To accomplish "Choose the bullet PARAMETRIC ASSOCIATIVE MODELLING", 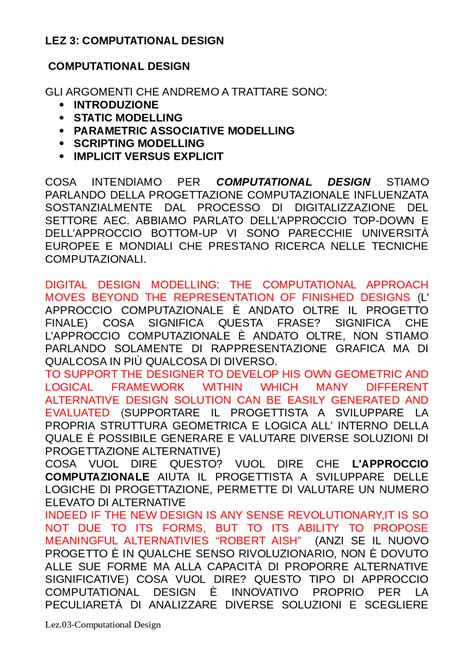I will tap(184, 130).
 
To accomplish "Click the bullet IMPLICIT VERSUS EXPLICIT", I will tap(149, 156).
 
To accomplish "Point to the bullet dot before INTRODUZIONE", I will tap(64, 104).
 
